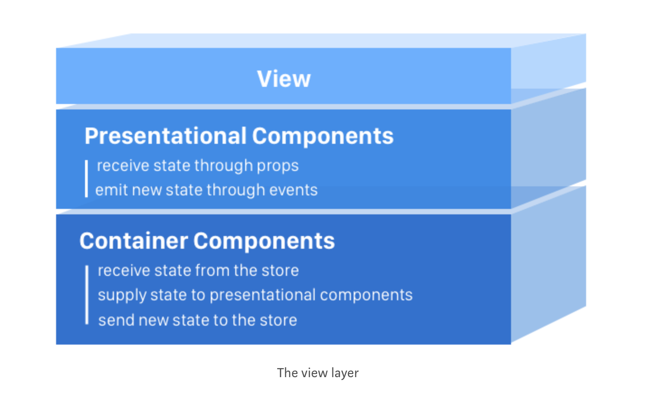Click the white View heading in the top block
click(x=284, y=79)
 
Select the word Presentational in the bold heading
click(x=166, y=136)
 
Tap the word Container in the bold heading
click(x=133, y=241)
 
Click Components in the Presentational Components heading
click(x=322, y=136)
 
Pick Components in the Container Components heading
click(x=264, y=241)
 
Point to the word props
click(x=278, y=166)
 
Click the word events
click(x=294, y=190)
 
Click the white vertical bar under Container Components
click(x=87, y=295)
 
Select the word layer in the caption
click(x=345, y=373)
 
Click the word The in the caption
click(x=287, y=373)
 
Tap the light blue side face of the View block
click(x=548, y=63)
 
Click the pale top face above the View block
click(x=317, y=41)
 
